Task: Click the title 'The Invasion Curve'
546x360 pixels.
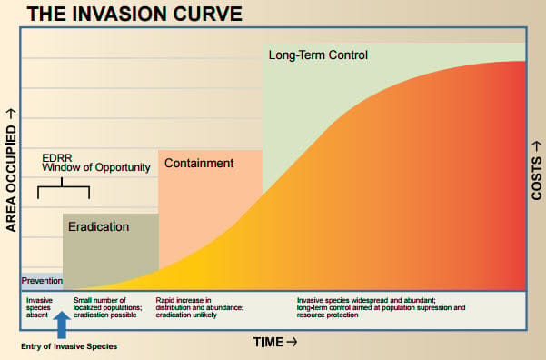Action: [x=134, y=14]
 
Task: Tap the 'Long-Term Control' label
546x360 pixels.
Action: [x=318, y=55]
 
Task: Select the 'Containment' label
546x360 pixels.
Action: [x=199, y=163]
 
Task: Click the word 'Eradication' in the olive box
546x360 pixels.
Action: [x=98, y=227]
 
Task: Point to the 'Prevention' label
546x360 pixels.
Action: [x=42, y=281]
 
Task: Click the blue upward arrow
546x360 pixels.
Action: [x=62, y=325]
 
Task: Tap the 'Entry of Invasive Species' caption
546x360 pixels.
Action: [x=69, y=346]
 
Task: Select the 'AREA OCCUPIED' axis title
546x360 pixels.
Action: [x=11, y=179]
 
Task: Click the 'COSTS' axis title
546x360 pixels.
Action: [x=537, y=178]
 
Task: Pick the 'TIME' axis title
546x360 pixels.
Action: [x=268, y=342]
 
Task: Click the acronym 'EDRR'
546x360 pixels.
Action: [x=57, y=158]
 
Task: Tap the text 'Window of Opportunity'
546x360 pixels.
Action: [x=96, y=167]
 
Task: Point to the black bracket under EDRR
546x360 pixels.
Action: [x=64, y=187]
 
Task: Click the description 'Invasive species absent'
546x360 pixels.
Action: [x=39, y=307]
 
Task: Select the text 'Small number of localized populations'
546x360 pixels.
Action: [x=107, y=304]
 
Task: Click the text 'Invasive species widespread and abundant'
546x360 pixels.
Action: [x=366, y=300]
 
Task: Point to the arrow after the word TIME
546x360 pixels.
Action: [x=292, y=342]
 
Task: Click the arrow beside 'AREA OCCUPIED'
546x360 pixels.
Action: [x=11, y=114]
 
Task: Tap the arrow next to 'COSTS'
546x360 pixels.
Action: [x=537, y=146]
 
